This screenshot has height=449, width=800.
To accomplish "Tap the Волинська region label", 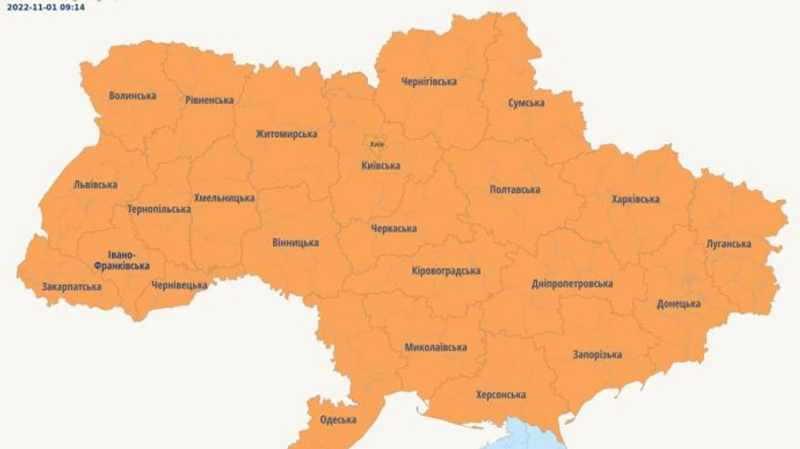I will point(132,96).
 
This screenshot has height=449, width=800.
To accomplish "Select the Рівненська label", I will point(209,100).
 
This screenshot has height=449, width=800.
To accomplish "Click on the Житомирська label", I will point(286,134).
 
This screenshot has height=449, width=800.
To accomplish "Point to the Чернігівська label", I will point(428,82).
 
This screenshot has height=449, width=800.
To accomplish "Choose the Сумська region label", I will point(526,103).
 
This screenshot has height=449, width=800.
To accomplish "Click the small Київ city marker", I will point(377,143).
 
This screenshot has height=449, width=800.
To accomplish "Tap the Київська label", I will point(380,165).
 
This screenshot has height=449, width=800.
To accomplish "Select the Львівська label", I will point(95,185).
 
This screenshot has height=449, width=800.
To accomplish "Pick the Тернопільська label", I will point(158,210).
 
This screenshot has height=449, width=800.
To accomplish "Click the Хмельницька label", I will point(224,198).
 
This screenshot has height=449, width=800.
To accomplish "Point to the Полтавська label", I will point(515,189).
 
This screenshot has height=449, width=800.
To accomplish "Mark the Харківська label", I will point(635,199).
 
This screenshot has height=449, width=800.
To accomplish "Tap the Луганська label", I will point(728,244).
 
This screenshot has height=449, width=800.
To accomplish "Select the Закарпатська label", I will point(71,287).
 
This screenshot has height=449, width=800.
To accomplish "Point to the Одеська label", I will point(338,420).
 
